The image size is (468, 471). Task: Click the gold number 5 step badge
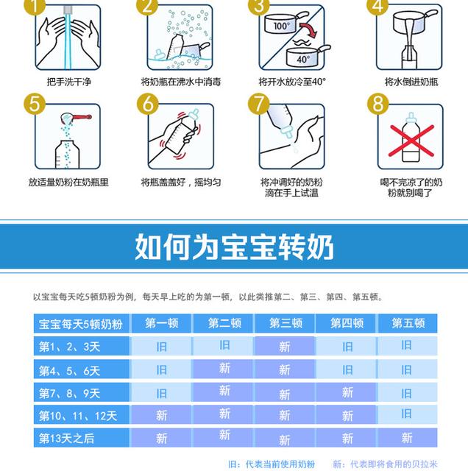(35, 104)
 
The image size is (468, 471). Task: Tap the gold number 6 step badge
(147, 104)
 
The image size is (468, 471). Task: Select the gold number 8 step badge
(378, 104)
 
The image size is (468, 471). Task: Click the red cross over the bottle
(411, 141)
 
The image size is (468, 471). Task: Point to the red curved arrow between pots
(308, 29)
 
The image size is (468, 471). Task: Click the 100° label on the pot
(282, 26)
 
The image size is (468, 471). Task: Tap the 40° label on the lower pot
(303, 59)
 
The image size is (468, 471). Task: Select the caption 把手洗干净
(68, 82)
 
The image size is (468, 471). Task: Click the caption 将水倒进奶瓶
(411, 82)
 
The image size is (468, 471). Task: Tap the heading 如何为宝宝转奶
(234, 247)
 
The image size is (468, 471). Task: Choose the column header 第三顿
(286, 323)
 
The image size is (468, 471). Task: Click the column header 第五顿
(408, 323)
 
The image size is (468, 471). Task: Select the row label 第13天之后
(67, 439)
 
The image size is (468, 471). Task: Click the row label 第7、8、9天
(69, 393)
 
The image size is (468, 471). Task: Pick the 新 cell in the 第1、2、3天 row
(285, 347)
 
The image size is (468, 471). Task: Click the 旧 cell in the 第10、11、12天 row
(408, 414)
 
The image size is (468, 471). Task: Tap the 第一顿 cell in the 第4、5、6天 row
(161, 369)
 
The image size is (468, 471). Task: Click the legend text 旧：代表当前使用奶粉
(272, 464)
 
